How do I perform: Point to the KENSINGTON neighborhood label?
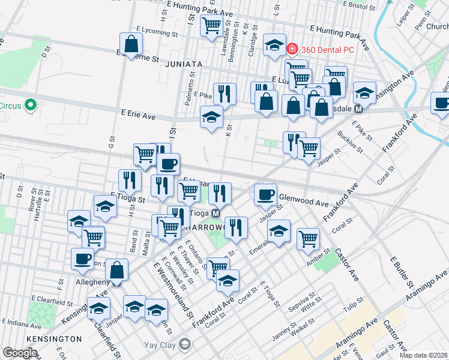[x=53, y=339]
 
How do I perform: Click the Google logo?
[x=19, y=353]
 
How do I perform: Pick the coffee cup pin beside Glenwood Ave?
[x=266, y=194]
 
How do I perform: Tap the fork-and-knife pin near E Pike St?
[x=224, y=94]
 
